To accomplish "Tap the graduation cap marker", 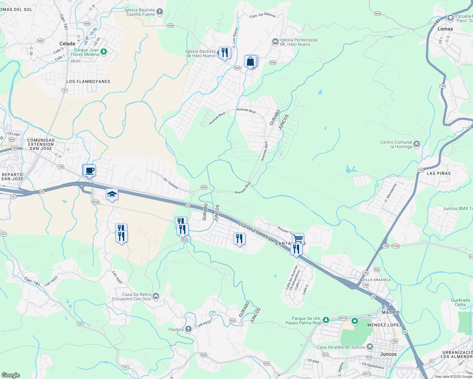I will click(112, 195).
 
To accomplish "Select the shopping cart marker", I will click(298, 238).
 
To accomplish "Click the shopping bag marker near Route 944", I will click(250, 61).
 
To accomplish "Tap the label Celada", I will click(67, 44).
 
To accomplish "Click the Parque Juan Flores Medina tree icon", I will click(104, 51).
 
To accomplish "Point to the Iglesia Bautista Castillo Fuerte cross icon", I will click(160, 12).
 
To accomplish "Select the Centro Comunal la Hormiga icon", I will click(417, 144).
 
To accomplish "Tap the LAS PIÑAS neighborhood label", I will click(439, 173).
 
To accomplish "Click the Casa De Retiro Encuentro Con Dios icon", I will click(156, 296).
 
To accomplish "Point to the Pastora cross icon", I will click(188, 329).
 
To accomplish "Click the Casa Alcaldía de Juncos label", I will click(341, 347).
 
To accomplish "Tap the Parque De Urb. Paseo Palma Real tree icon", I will click(325, 320).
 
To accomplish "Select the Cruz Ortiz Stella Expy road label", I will click(256, 232).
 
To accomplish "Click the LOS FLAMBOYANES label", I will click(88, 81).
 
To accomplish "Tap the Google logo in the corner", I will click(10, 375).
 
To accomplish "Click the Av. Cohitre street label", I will click(171, 183).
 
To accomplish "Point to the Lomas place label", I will click(445, 29).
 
